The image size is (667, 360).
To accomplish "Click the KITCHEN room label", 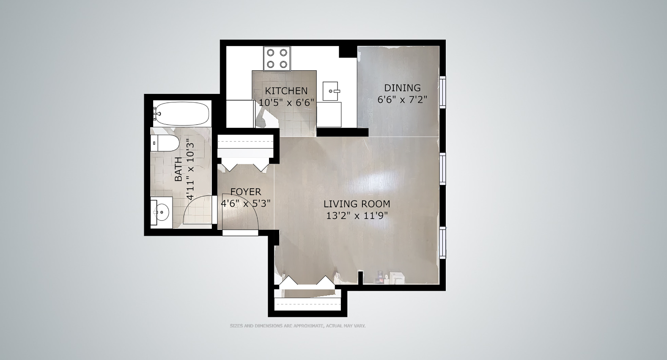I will click(x=286, y=91).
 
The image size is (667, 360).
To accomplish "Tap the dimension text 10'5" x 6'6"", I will click(x=286, y=102).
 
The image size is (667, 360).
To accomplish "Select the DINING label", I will click(x=402, y=88).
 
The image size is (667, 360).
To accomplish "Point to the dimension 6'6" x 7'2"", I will click(x=402, y=100).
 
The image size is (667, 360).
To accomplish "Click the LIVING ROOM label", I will click(x=357, y=204).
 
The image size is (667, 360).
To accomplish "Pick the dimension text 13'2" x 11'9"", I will click(x=357, y=216).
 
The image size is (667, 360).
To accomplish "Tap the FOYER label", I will click(x=246, y=192).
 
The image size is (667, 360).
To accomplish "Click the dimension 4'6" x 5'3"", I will click(x=246, y=203).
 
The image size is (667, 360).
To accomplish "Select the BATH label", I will click(x=178, y=169).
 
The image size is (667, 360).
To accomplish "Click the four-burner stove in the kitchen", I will click(x=277, y=58).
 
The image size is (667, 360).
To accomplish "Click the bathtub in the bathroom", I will click(x=181, y=113).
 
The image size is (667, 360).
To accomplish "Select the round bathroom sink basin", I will click(x=162, y=210).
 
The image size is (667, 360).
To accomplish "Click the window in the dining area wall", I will click(x=442, y=91).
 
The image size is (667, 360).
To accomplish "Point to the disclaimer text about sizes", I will click(x=297, y=326).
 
